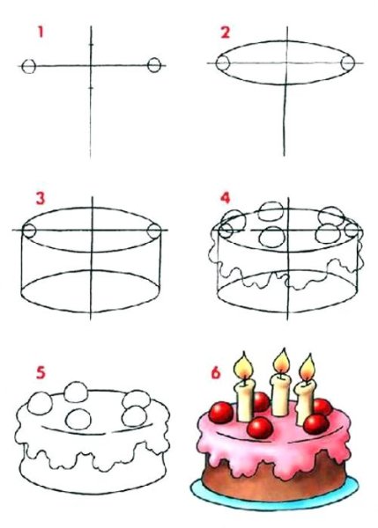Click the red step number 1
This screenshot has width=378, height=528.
41,33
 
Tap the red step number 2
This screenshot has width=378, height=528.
226,33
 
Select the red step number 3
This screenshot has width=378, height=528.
41,199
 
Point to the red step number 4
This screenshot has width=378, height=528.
225,198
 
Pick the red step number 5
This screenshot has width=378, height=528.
41,373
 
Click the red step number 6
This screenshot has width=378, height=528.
216,373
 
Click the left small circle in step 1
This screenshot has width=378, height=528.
29,66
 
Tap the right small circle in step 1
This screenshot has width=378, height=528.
154,65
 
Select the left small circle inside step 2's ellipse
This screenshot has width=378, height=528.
223,63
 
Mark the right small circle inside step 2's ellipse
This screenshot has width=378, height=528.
348,63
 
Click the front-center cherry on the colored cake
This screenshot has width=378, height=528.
259,428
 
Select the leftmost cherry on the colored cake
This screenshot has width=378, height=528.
221,413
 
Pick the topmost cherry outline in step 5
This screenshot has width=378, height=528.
77,392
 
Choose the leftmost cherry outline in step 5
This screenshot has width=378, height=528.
40,403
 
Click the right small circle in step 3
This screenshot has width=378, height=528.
154,231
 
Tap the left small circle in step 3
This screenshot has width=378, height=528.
29,231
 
